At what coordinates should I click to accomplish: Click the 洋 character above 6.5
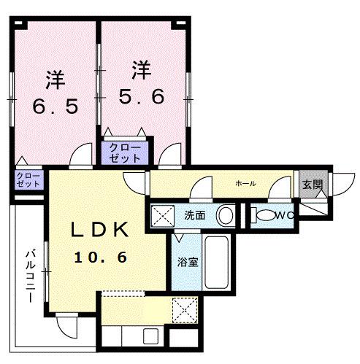(x=54, y=77)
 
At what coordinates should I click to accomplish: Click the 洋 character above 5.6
(x=142, y=71)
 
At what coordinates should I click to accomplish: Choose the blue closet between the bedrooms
(x=125, y=152)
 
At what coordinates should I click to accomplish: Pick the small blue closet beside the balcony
(x=28, y=179)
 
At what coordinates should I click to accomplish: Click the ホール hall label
(x=245, y=183)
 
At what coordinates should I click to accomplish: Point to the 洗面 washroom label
(x=194, y=216)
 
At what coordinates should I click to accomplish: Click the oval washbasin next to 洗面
(x=227, y=216)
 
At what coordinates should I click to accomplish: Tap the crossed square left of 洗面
(x=162, y=216)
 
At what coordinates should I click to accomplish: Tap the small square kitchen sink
(x=150, y=338)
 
